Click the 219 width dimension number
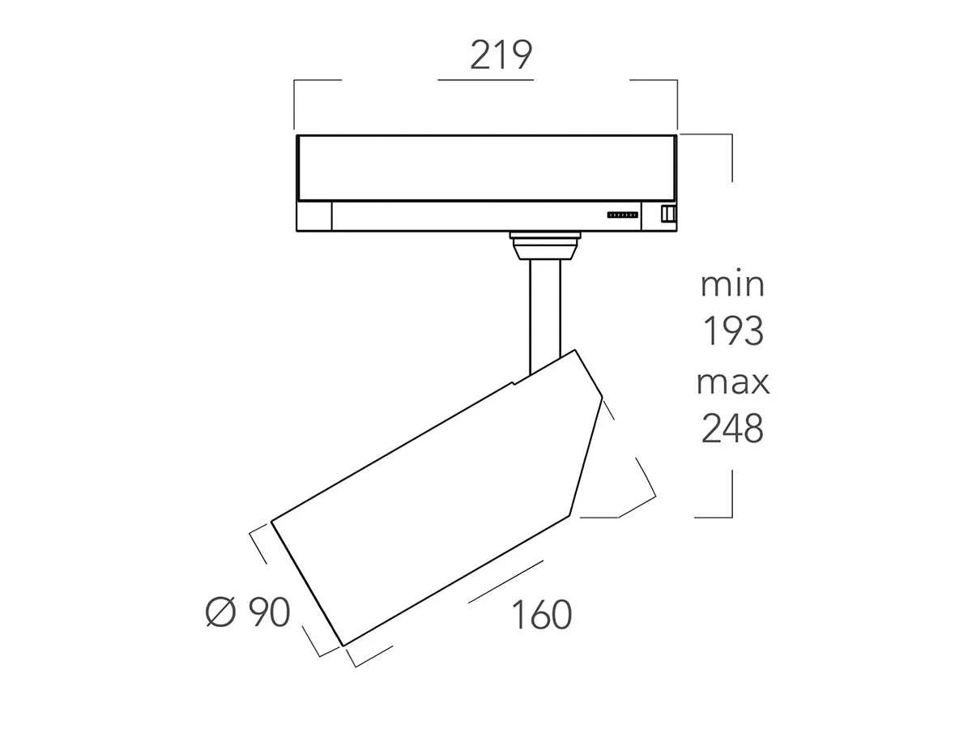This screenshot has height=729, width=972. click(501, 55)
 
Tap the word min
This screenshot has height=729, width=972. click(732, 285)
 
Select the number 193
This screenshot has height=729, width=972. click(733, 331)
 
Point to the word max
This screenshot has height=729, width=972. click(733, 383)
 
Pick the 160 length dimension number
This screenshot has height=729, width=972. click(542, 615)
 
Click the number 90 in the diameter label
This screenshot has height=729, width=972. click(269, 612)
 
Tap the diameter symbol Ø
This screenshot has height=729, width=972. click(220, 612)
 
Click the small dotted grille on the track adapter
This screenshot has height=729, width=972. click(623, 215)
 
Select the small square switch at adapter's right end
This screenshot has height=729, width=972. click(668, 214)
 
